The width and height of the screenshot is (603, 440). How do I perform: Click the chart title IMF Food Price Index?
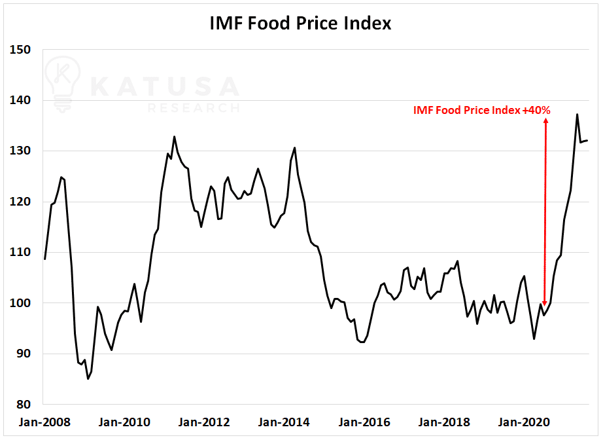coord(300,23)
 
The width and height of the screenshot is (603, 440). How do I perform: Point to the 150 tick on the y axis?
coord(20,50)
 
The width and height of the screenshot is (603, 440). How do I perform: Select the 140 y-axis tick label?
coord(20,100)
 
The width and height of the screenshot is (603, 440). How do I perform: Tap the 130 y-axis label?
coord(20,151)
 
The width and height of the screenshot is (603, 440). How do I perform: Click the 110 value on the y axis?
coord(20,252)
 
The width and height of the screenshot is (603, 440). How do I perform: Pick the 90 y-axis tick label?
coord(24,354)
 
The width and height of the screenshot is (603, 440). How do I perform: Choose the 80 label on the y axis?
coord(24,404)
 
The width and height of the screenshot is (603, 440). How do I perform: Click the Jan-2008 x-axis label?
coord(44,422)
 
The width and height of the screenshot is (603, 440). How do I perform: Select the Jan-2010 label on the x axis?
coord(124,422)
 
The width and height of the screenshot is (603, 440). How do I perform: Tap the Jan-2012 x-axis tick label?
coord(204,422)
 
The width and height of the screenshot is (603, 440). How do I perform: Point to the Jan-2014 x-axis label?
coord(284,422)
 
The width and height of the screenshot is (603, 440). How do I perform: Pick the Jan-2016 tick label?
coord(364,422)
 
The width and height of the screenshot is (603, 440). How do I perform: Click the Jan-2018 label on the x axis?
coord(444,422)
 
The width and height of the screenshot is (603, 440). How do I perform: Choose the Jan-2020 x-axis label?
coord(524,422)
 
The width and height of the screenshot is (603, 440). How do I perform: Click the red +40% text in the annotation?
coord(536,111)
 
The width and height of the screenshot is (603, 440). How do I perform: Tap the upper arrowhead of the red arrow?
coord(545,120)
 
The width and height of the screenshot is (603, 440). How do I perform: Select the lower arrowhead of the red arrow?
coord(545,303)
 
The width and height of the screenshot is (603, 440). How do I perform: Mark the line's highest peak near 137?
coord(577,115)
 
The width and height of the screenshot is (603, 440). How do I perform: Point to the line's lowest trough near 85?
coord(88,379)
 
